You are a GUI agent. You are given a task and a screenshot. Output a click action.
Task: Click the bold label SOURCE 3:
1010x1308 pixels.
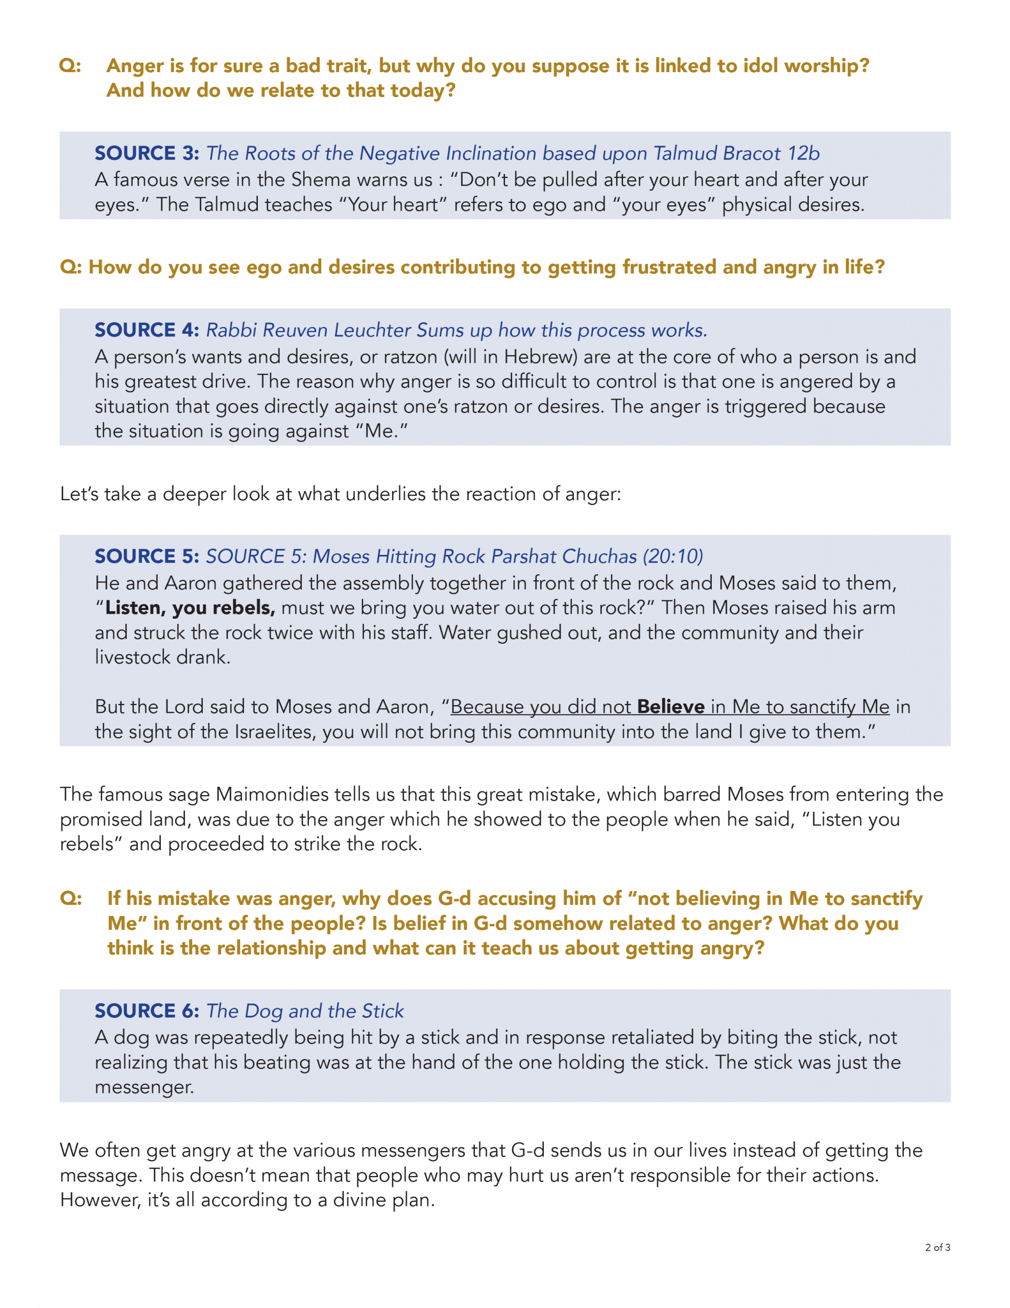pos(147,153)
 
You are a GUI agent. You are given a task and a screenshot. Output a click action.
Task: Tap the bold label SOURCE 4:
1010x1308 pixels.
pos(147,330)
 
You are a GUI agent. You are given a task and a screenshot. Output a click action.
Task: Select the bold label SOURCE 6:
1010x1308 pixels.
pos(147,1011)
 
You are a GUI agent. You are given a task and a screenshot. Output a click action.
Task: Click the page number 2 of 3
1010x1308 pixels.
pos(937,1248)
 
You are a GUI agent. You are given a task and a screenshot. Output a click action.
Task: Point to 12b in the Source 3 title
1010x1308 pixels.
pos(803,153)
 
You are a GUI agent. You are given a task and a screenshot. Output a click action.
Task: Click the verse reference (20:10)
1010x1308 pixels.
pos(672,556)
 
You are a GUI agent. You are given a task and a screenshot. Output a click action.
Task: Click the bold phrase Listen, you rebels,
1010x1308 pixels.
pos(190,608)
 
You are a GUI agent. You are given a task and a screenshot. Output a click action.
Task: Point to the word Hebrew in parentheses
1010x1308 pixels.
pos(540,357)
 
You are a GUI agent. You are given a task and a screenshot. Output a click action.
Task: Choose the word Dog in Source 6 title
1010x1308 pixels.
pos(263,1011)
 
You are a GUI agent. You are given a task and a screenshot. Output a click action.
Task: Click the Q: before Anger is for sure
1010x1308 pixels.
pos(70,66)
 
